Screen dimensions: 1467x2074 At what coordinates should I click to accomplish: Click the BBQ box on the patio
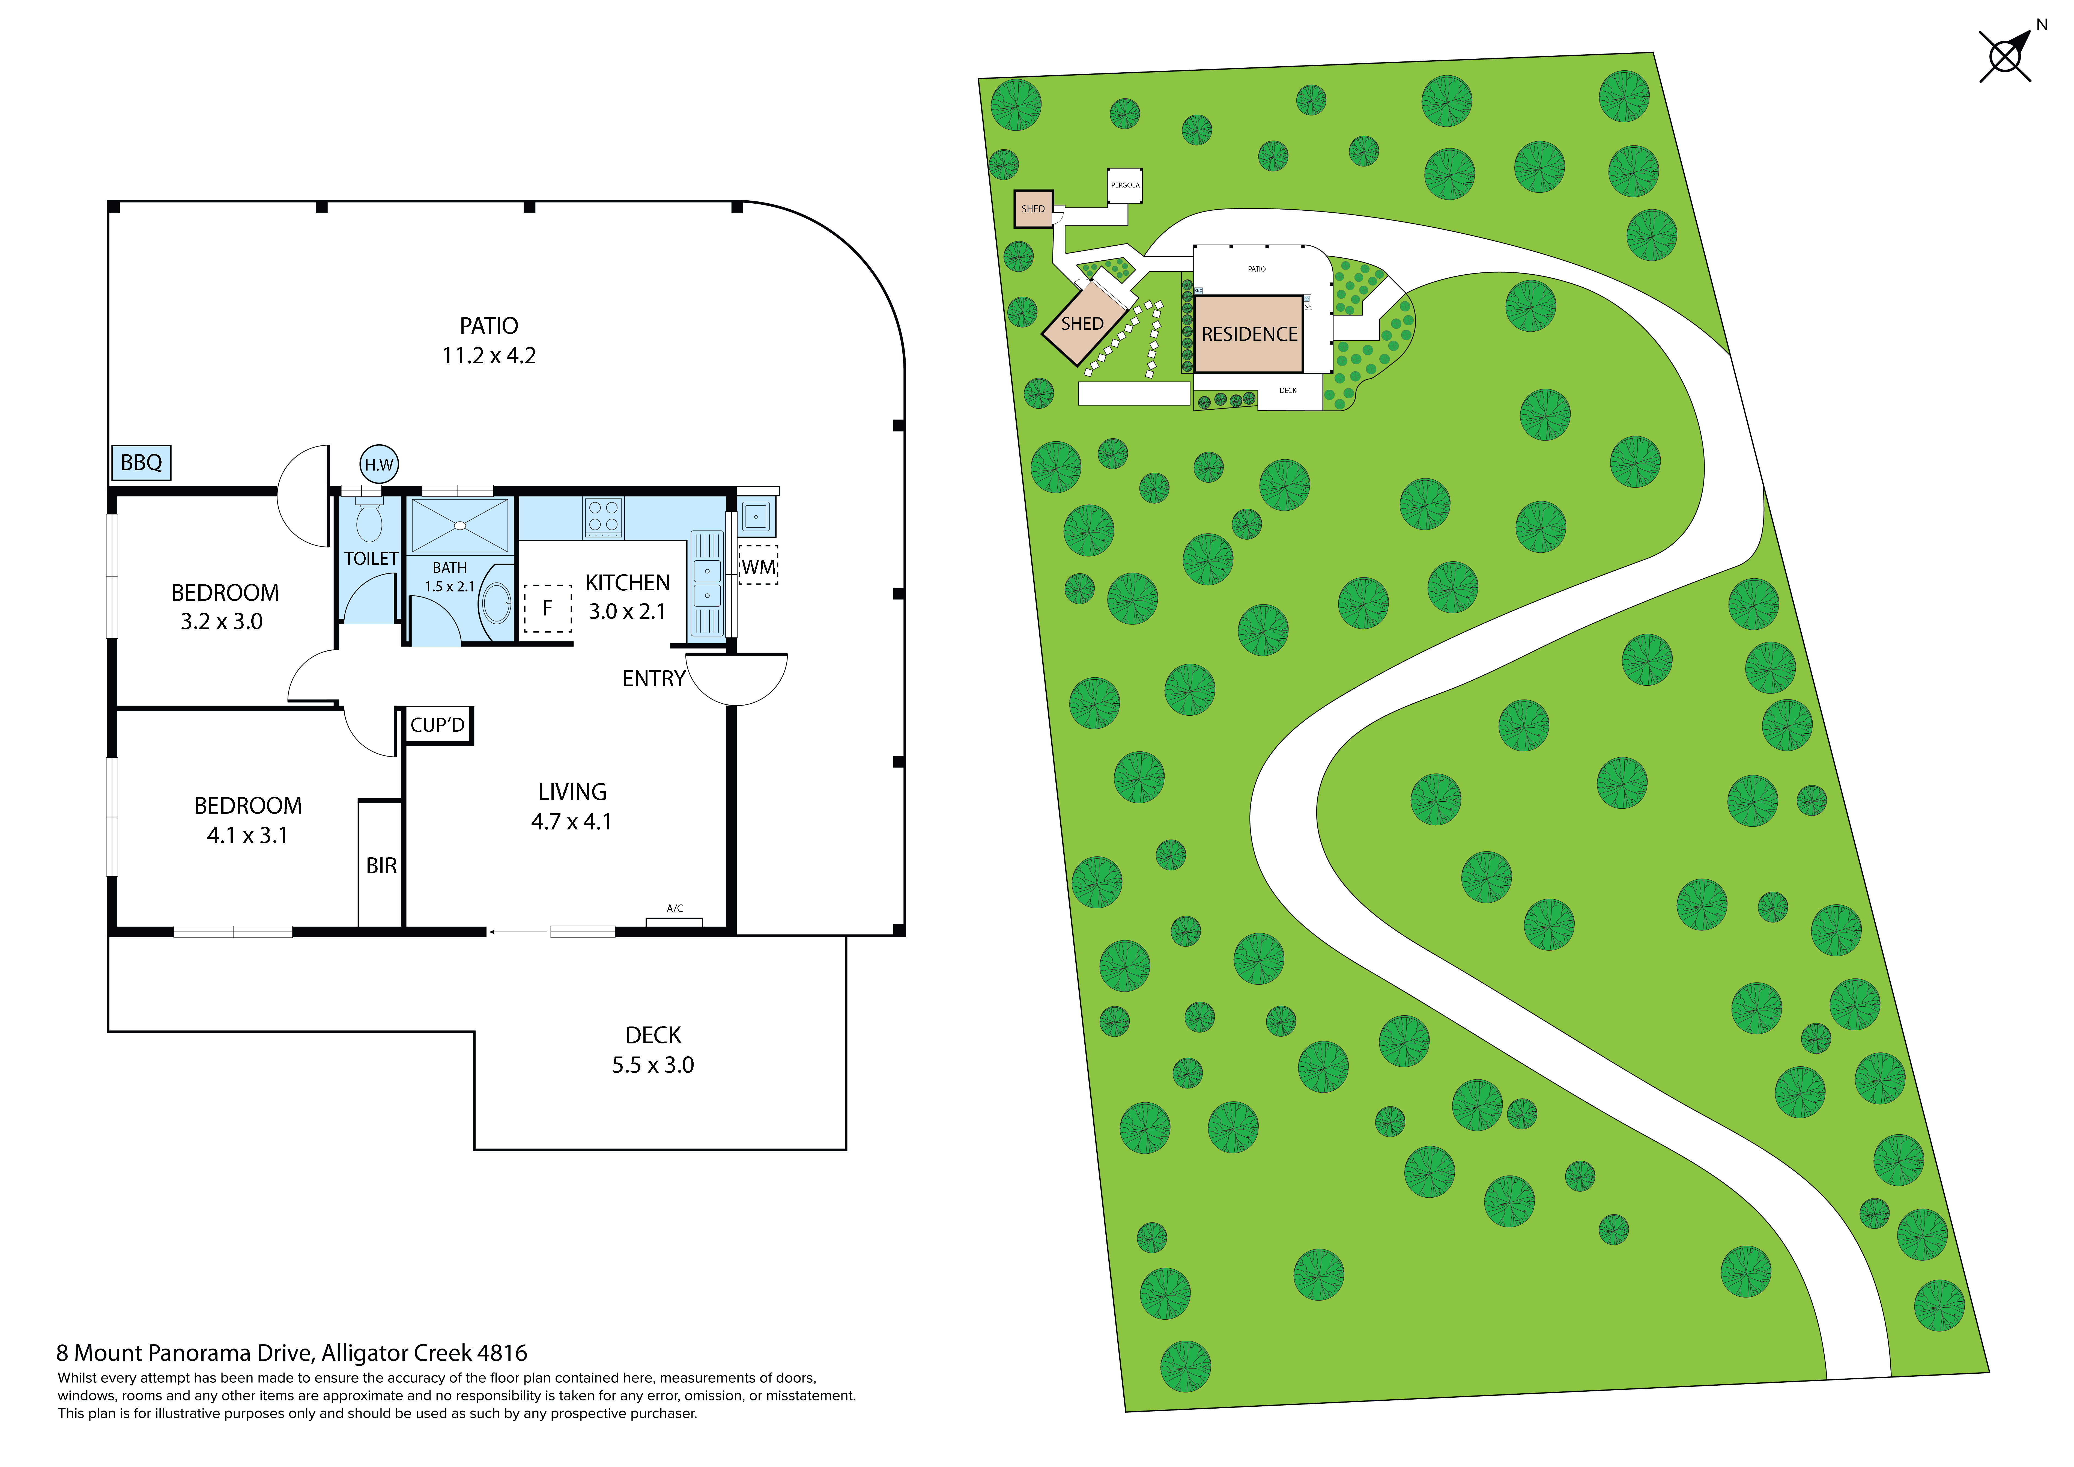(141, 463)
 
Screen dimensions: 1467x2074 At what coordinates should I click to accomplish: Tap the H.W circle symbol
(378, 464)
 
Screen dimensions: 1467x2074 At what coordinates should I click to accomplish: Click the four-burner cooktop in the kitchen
(602, 517)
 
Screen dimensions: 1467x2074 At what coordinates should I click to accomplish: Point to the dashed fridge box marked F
(547, 608)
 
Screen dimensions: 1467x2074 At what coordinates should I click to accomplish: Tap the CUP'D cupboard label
(437, 724)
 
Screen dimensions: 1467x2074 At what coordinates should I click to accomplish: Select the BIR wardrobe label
(381, 865)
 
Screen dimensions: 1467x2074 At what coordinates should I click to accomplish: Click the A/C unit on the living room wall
(674, 921)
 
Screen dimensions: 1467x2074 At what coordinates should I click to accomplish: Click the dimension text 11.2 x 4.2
(489, 356)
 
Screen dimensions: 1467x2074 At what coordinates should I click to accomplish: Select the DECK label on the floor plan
(653, 1035)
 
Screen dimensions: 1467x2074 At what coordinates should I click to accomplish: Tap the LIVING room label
(572, 792)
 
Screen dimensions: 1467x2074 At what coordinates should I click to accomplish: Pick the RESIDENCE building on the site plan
(1248, 334)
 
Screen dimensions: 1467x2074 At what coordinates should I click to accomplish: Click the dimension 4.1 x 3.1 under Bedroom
(247, 835)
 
